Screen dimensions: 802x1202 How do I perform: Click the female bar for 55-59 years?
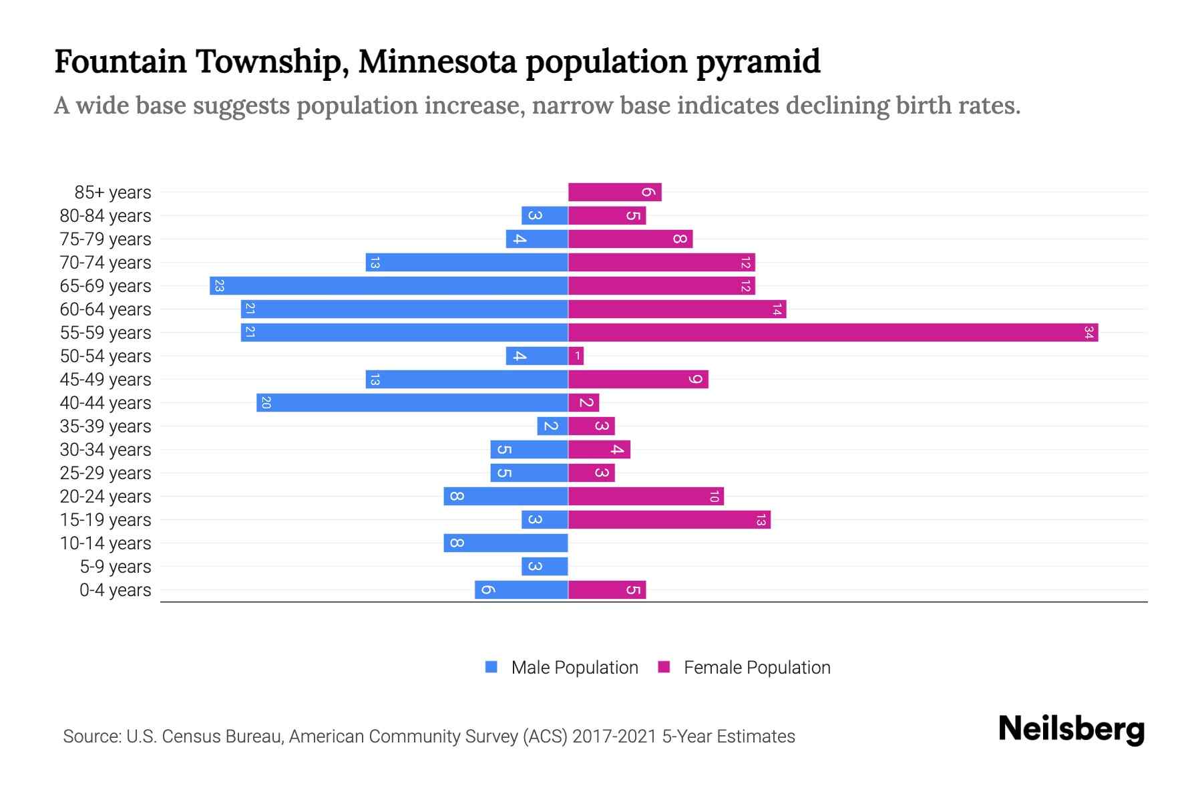pos(833,332)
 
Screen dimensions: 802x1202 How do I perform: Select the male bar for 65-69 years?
pos(389,285)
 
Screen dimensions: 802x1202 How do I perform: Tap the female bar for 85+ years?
pos(614,192)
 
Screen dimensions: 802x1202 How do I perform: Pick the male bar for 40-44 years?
pos(412,402)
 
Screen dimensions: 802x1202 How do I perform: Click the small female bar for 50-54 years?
pos(576,356)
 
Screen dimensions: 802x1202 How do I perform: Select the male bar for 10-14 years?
pos(506,543)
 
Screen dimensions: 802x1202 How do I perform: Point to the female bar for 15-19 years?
pos(669,519)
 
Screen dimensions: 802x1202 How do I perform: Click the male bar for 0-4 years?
pos(521,589)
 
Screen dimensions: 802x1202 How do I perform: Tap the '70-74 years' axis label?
pos(106,263)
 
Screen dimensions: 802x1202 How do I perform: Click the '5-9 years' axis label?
pos(115,567)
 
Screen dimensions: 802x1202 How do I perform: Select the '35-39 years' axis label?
pos(106,426)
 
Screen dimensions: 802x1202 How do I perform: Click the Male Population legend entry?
pos(562,667)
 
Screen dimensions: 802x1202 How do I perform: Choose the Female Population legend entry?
pos(745,667)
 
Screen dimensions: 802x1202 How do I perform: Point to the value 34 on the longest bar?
pos(1088,332)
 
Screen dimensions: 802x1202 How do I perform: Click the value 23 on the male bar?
pos(219,285)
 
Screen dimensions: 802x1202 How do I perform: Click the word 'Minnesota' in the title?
pos(437,61)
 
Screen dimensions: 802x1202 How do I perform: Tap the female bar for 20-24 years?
pos(646,496)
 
